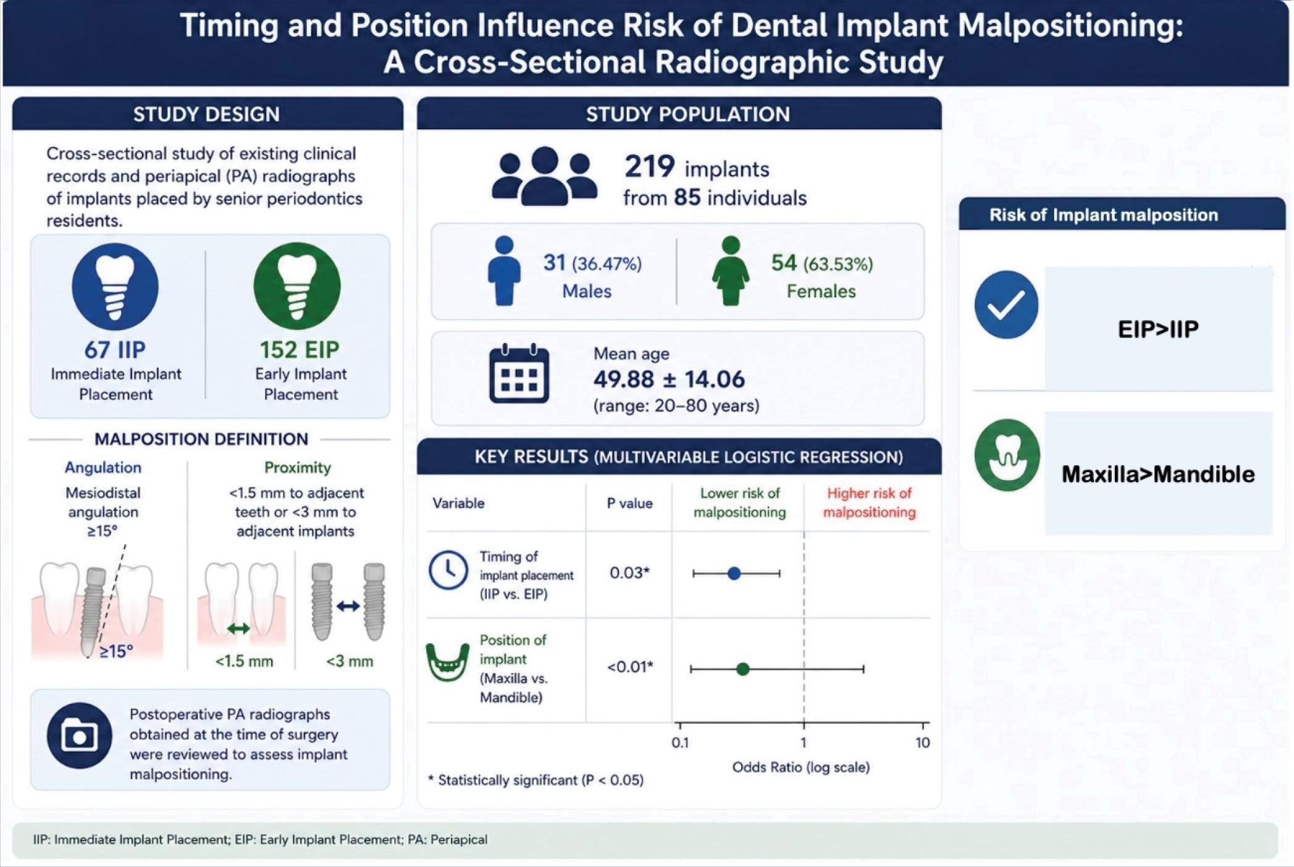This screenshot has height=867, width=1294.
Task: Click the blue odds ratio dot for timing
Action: pyautogui.click(x=734, y=573)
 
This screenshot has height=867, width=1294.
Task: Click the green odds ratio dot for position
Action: pyautogui.click(x=743, y=669)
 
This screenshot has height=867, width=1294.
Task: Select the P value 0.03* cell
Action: pyautogui.click(x=629, y=573)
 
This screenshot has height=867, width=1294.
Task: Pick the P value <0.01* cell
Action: pyautogui.click(x=630, y=667)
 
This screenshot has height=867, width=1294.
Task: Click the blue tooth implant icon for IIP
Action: pyautogui.click(x=116, y=286)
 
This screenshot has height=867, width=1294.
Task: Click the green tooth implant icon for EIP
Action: pyautogui.click(x=297, y=286)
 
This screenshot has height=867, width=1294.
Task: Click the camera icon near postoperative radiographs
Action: pyautogui.click(x=79, y=735)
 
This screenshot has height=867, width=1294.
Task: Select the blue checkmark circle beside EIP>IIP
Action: pyautogui.click(x=1007, y=305)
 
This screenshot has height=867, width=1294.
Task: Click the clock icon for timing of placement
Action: pyautogui.click(x=448, y=570)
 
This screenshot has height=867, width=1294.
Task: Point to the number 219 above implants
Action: pyautogui.click(x=649, y=166)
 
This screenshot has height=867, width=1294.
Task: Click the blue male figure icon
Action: pyautogui.click(x=504, y=271)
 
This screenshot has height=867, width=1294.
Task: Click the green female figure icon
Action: pyautogui.click(x=731, y=271)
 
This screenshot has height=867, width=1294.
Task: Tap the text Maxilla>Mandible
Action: pyautogui.click(x=1158, y=474)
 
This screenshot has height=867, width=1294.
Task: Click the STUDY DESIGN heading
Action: pyautogui.click(x=207, y=114)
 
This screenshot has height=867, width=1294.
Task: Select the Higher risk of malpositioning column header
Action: pyautogui.click(x=869, y=502)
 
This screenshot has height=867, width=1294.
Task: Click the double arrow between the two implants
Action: pyautogui.click(x=348, y=606)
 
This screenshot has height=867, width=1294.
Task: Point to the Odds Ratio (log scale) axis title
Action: pyautogui.click(x=801, y=768)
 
